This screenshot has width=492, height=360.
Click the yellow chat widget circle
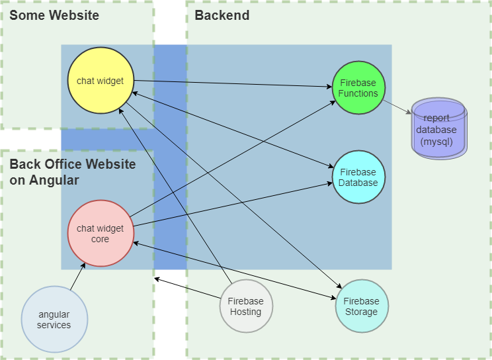101,80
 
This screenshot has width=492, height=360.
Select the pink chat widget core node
101,233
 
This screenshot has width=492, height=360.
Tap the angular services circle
54,320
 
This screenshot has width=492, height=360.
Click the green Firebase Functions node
358,88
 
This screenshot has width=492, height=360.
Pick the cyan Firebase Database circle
358,177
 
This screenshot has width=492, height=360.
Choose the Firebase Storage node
362,306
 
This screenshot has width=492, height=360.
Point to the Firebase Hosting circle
245,306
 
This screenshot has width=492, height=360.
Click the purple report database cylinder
439,129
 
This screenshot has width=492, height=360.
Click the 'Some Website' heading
54,15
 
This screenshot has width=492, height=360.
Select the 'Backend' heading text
222,15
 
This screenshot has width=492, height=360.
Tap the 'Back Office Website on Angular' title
73,172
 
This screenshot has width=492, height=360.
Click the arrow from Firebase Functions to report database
397,107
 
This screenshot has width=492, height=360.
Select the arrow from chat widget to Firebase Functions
231,84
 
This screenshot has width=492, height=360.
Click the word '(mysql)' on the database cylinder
439,142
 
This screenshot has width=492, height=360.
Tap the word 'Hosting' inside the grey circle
245,312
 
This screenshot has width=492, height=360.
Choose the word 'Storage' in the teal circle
362,312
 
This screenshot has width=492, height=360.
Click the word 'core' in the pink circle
101,239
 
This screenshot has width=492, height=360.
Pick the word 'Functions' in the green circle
358,93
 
